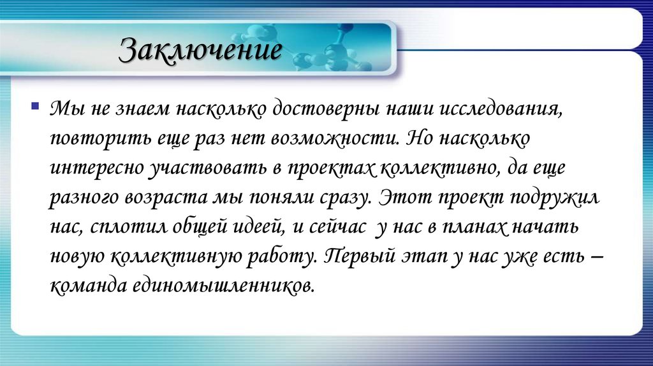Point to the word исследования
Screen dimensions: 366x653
tap(488, 110)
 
